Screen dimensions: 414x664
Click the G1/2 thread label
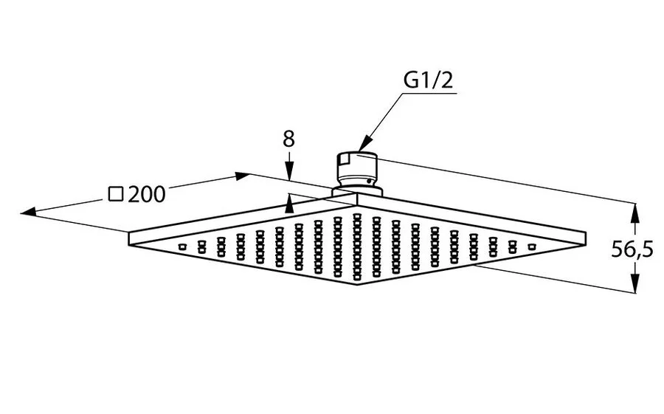click(x=427, y=80)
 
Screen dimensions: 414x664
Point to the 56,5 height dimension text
click(x=632, y=249)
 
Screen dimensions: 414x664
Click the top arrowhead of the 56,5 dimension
click(x=634, y=213)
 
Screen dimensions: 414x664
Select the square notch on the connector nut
click(x=341, y=159)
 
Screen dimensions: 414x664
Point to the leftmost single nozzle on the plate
click(x=181, y=245)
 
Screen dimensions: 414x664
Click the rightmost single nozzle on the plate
click(x=530, y=245)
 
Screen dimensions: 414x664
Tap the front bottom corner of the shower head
click(x=357, y=287)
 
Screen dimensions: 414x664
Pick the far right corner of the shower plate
click(x=586, y=235)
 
